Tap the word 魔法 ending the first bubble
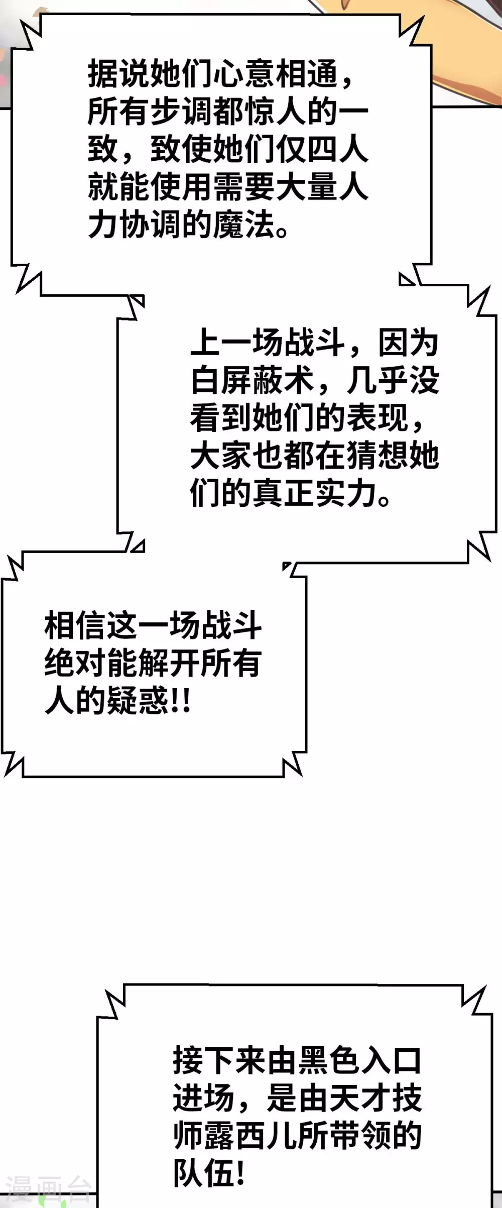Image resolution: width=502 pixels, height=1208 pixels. pos(244,224)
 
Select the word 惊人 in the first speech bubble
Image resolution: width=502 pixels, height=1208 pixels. pos(291,111)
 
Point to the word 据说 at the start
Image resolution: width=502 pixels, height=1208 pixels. pos(119,73)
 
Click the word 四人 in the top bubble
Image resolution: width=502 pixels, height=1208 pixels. pos(337,149)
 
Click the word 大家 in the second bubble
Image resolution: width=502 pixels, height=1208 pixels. pos(221,455)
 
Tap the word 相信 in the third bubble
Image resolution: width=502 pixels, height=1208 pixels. pos(75,625)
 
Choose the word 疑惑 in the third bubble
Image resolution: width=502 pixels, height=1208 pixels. pos(138,701)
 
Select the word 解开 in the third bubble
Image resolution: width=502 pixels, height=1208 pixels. pos(168,663)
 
